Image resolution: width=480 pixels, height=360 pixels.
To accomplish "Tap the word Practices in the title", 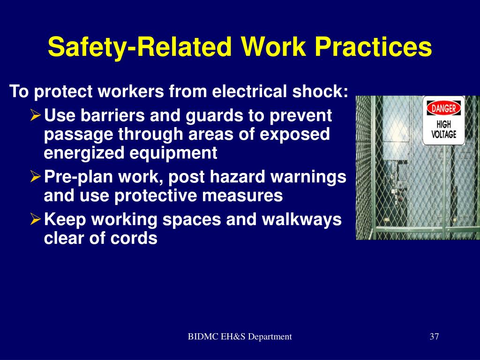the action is pos(373,46).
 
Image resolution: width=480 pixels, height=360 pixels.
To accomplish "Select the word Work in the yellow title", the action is pos(273,46).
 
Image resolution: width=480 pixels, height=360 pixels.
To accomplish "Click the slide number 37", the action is pos(434,337).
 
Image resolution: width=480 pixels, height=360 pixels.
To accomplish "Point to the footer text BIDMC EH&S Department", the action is pos(240,337).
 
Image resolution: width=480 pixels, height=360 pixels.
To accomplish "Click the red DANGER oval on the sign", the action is pos(443,108).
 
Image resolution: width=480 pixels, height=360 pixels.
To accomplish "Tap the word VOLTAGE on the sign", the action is pos(443,135).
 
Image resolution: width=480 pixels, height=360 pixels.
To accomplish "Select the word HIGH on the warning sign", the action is pos(443,125).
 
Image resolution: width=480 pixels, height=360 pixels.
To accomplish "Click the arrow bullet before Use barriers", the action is pos(36,116).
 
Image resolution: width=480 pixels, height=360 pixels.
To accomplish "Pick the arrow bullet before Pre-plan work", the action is pos(36,177).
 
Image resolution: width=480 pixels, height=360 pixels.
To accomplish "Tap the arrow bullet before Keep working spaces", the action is pos(36,219).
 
